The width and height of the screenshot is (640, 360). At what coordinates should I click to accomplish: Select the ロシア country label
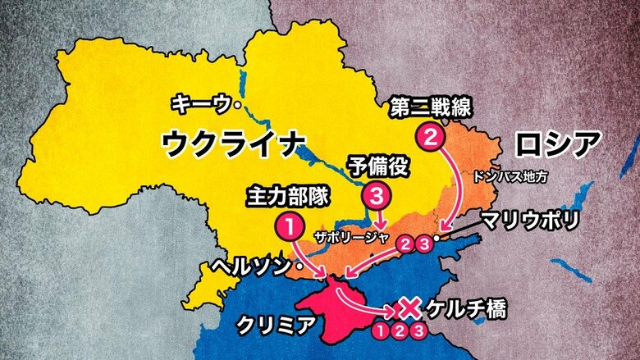tap(555, 146)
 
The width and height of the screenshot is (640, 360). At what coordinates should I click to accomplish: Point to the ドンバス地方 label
tap(510, 175)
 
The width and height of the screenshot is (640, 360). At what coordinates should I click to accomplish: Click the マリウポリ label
tap(530, 219)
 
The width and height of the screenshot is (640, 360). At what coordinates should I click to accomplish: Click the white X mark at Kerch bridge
tap(408, 308)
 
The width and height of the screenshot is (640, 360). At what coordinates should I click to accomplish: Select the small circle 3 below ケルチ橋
tap(419, 331)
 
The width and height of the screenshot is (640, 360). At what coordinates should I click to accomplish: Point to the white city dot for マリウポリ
tap(437, 237)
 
